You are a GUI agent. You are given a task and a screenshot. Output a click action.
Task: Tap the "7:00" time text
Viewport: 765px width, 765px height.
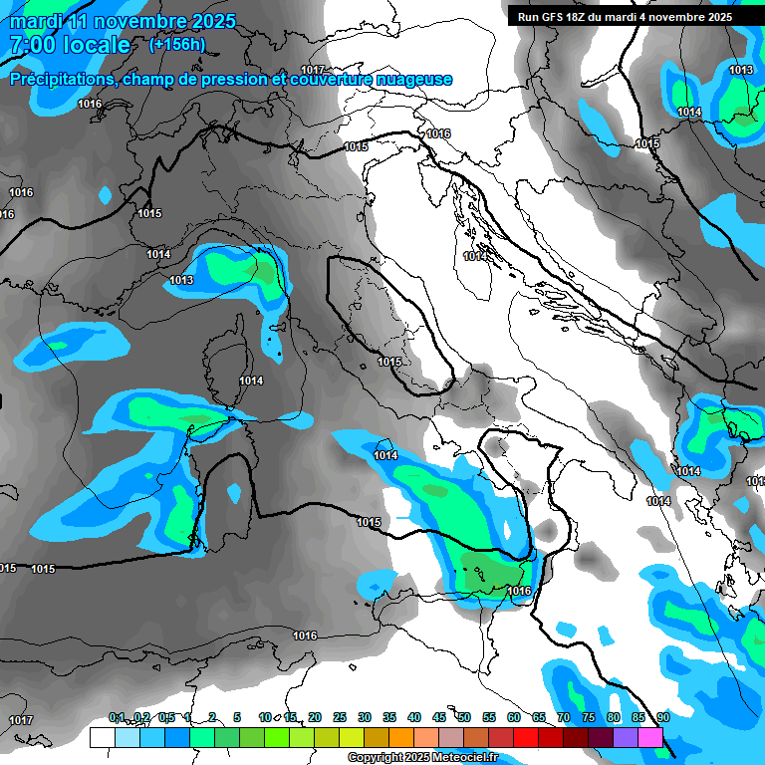30,45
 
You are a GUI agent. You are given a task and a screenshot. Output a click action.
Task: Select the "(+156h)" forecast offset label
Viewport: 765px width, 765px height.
176,44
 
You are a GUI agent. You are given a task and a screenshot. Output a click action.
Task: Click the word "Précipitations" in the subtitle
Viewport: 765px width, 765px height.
59,80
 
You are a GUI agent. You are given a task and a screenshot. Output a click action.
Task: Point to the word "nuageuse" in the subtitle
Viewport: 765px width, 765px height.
416,80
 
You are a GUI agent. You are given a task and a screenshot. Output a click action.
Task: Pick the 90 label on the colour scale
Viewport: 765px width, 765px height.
662,717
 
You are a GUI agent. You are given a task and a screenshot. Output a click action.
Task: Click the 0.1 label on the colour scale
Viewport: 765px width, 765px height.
117,717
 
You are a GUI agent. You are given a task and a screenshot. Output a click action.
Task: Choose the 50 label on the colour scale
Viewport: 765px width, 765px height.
464,717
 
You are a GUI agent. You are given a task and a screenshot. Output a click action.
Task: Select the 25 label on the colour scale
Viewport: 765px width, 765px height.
340,717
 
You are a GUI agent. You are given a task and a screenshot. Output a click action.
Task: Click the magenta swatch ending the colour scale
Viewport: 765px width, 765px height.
650,737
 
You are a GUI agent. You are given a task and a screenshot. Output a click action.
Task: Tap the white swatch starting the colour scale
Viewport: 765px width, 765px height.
102,737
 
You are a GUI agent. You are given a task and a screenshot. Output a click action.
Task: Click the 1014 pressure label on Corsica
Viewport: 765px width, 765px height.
251,381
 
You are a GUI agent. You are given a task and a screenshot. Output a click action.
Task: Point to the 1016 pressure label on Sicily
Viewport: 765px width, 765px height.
519,591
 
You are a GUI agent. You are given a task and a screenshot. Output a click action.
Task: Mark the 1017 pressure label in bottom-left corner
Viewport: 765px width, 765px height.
20,720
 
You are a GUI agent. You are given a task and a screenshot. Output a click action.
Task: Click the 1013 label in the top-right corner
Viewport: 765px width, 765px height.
740,70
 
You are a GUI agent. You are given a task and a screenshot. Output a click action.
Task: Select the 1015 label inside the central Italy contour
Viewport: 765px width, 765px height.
389,362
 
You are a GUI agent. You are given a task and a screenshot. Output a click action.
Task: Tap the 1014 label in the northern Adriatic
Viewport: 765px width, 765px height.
475,257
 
